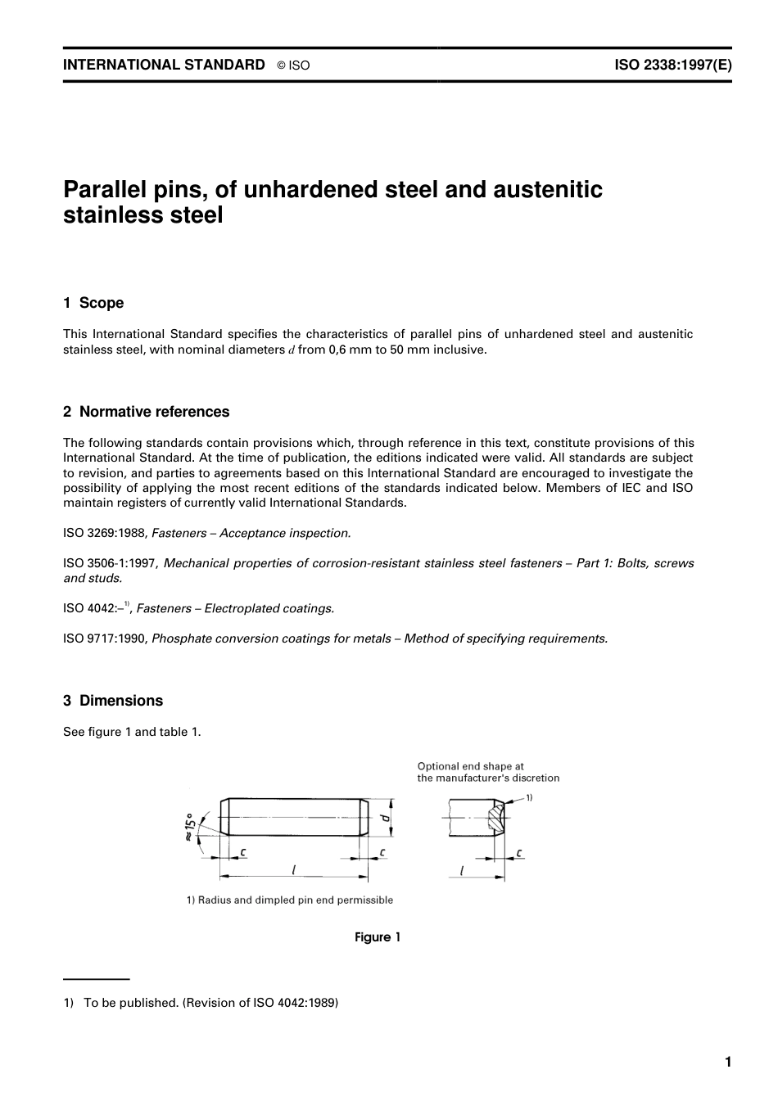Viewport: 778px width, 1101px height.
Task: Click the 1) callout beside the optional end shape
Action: point(528,797)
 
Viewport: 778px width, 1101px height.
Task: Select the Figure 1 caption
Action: point(378,937)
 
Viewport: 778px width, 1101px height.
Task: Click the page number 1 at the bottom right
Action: point(727,1063)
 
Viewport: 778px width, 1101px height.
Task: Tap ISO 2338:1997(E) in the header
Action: point(672,65)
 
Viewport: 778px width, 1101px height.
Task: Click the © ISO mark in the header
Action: point(293,65)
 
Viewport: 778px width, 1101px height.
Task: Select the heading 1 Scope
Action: point(93,303)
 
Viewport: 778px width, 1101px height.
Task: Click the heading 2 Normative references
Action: point(146,412)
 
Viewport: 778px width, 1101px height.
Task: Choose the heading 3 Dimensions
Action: point(113,701)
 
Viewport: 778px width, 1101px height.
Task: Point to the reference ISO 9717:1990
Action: point(104,638)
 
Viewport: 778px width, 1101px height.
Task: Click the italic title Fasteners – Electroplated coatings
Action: point(235,609)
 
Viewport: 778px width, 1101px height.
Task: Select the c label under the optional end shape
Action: point(519,854)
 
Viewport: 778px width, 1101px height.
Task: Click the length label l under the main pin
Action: point(293,870)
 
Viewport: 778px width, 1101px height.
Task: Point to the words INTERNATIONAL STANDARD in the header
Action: point(164,65)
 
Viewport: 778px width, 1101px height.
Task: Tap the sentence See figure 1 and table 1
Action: point(132,732)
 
